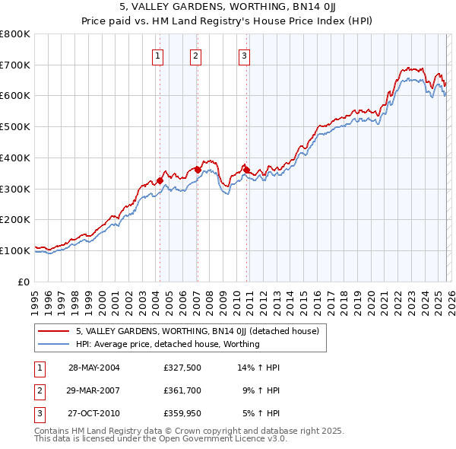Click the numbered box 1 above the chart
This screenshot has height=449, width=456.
157,55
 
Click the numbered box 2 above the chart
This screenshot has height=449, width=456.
195,55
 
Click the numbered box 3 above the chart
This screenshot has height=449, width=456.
244,55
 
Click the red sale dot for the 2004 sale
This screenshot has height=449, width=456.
160,180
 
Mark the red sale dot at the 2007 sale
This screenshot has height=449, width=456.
198,170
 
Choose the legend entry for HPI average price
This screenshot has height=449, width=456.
167,344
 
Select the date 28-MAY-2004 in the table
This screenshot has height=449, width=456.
93,368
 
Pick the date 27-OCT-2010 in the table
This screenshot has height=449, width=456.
93,415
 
